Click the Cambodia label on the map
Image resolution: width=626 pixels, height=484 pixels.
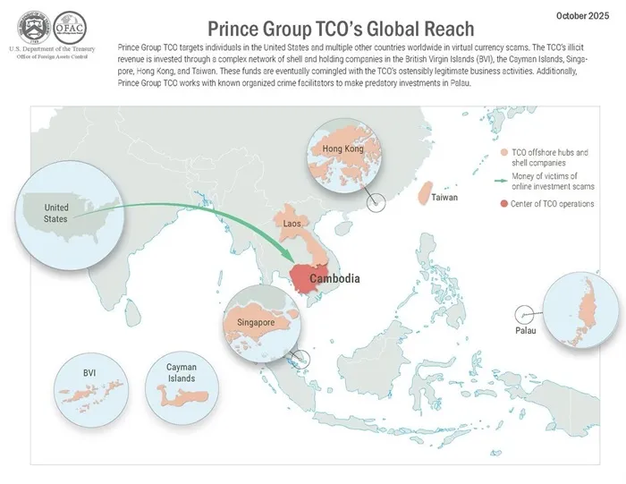point(334,279)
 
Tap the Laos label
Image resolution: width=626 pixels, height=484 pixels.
point(291,223)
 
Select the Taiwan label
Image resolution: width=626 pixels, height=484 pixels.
point(446,197)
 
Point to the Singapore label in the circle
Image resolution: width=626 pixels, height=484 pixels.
point(256,321)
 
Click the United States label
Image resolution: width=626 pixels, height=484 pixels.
point(56,214)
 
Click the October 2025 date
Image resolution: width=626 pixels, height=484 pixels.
point(585,15)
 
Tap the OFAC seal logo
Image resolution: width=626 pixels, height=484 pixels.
point(69,25)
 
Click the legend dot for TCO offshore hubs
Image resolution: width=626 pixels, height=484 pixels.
point(503,154)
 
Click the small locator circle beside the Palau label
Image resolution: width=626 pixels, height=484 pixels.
point(524,314)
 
